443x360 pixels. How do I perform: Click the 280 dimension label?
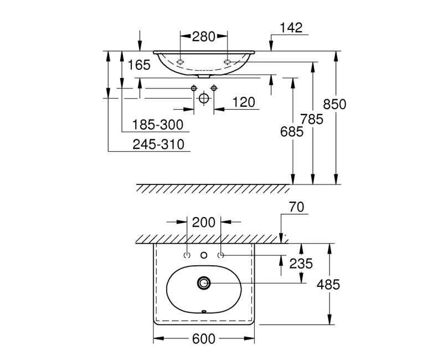pyautogui.click(x=203, y=38)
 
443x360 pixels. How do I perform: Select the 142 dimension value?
pyautogui.click(x=291, y=28)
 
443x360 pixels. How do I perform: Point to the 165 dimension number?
pyautogui.click(x=138, y=65)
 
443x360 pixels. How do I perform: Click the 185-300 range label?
pyautogui.click(x=159, y=124)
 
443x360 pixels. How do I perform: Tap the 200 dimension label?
pyautogui.click(x=203, y=222)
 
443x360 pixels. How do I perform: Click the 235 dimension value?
pyautogui.click(x=301, y=264)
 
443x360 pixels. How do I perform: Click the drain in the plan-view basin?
pyautogui.click(x=203, y=283)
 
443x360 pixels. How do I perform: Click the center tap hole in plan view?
pyautogui.click(x=203, y=255)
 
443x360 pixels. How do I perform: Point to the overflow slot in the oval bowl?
pyautogui.click(x=203, y=311)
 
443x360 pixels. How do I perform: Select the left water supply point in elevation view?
pyautogui.click(x=194, y=88)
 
